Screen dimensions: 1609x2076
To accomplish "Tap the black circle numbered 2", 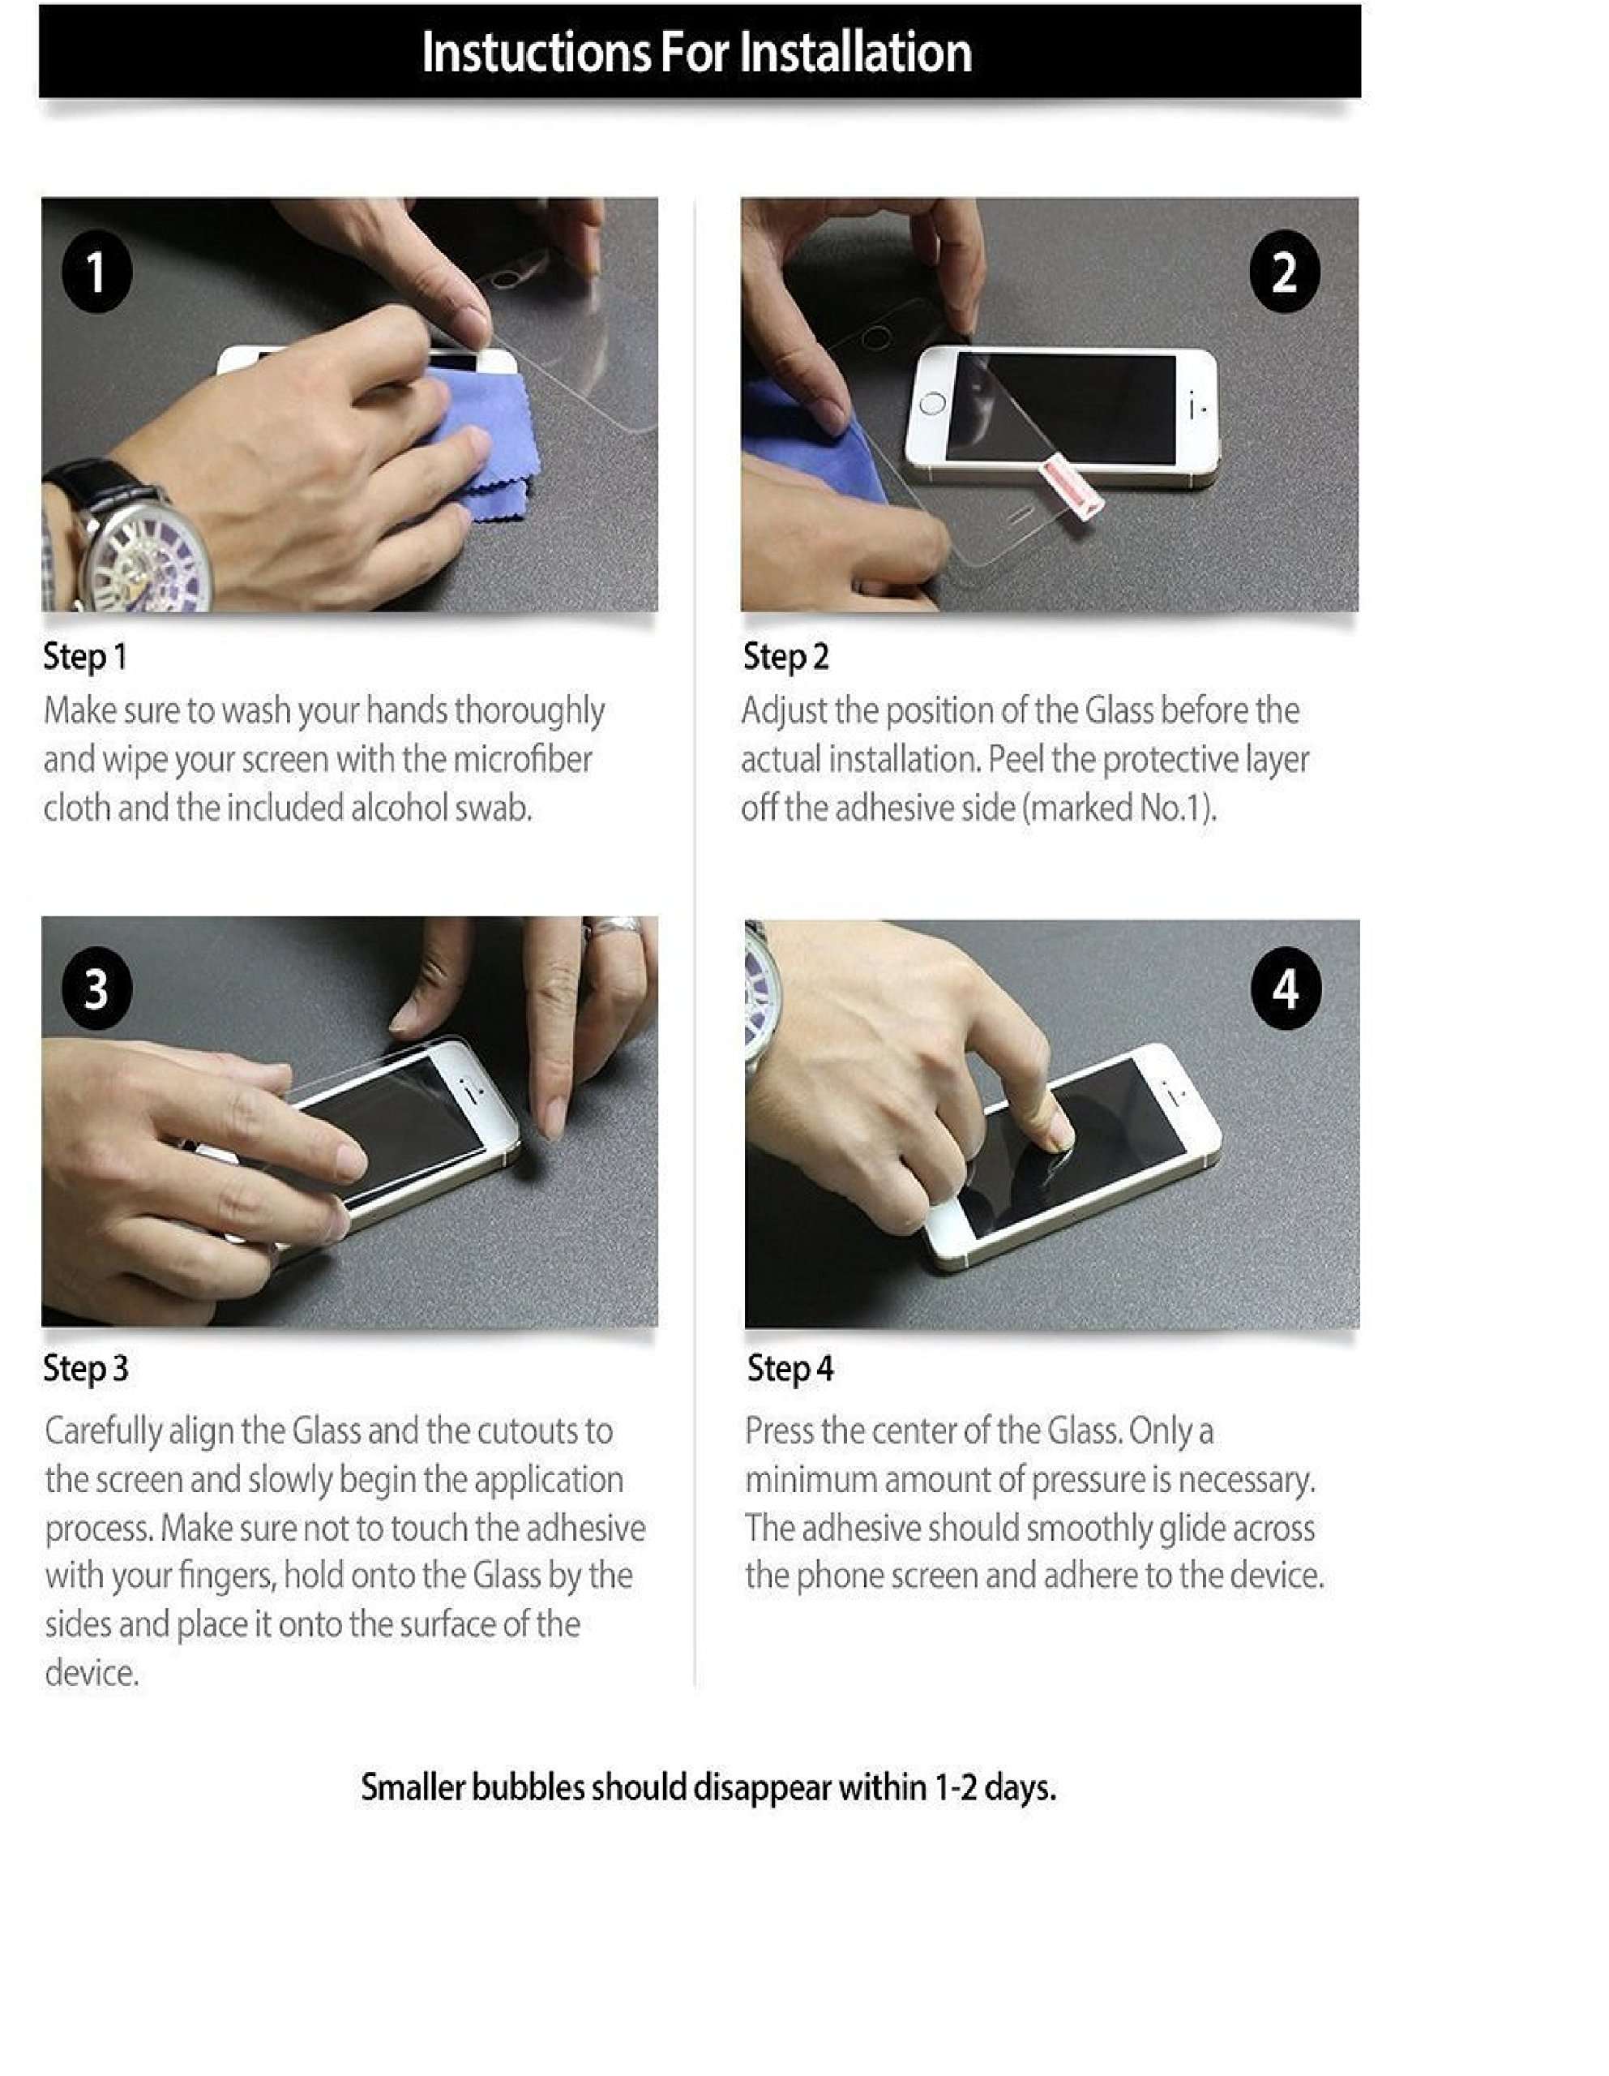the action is pyautogui.click(x=1284, y=272).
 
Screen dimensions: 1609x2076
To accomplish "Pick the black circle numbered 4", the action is pyautogui.click(x=1286, y=989).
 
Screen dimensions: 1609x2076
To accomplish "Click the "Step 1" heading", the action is pyautogui.click(x=84, y=657).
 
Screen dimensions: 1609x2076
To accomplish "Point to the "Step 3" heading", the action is pyautogui.click(x=86, y=1369).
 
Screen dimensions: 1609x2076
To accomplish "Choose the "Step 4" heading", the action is pyautogui.click(x=790, y=1369).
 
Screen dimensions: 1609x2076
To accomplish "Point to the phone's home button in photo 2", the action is pyautogui.click(x=932, y=404).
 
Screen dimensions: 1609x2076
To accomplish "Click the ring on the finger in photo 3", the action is pyautogui.click(x=616, y=928).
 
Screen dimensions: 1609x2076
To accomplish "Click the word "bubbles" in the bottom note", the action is pyautogui.click(x=528, y=1788).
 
